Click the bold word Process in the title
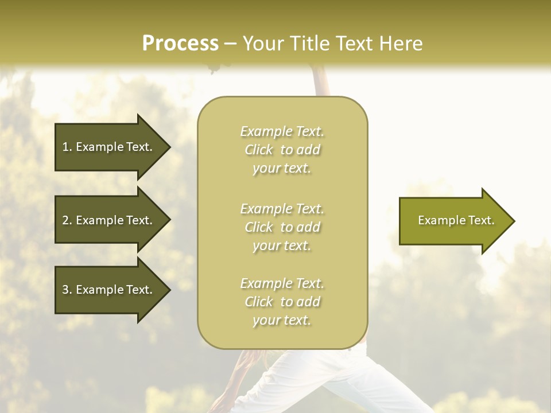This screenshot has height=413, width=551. point(180,44)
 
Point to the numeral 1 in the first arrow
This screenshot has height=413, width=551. point(65,147)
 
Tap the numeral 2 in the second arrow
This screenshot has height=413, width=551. point(65,220)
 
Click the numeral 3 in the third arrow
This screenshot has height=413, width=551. point(65,290)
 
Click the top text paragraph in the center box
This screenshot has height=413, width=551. point(282,150)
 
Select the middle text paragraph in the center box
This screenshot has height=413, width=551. point(282,227)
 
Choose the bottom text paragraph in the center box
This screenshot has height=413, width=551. point(282,302)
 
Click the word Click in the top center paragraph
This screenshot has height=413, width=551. point(259,150)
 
